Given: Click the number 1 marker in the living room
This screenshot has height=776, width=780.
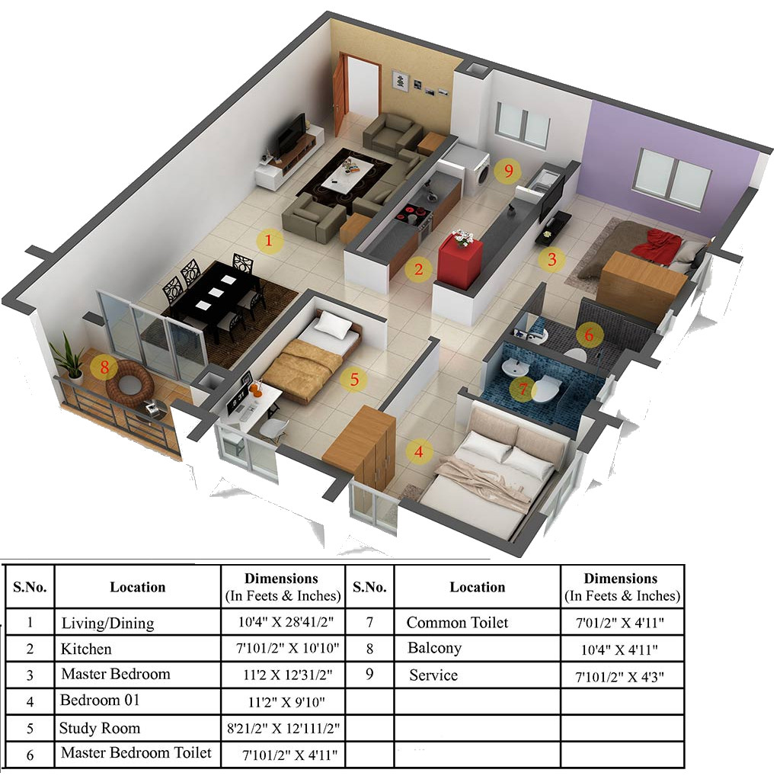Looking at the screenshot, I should point(268,242).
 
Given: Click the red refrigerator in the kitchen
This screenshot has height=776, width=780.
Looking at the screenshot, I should point(460,261).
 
